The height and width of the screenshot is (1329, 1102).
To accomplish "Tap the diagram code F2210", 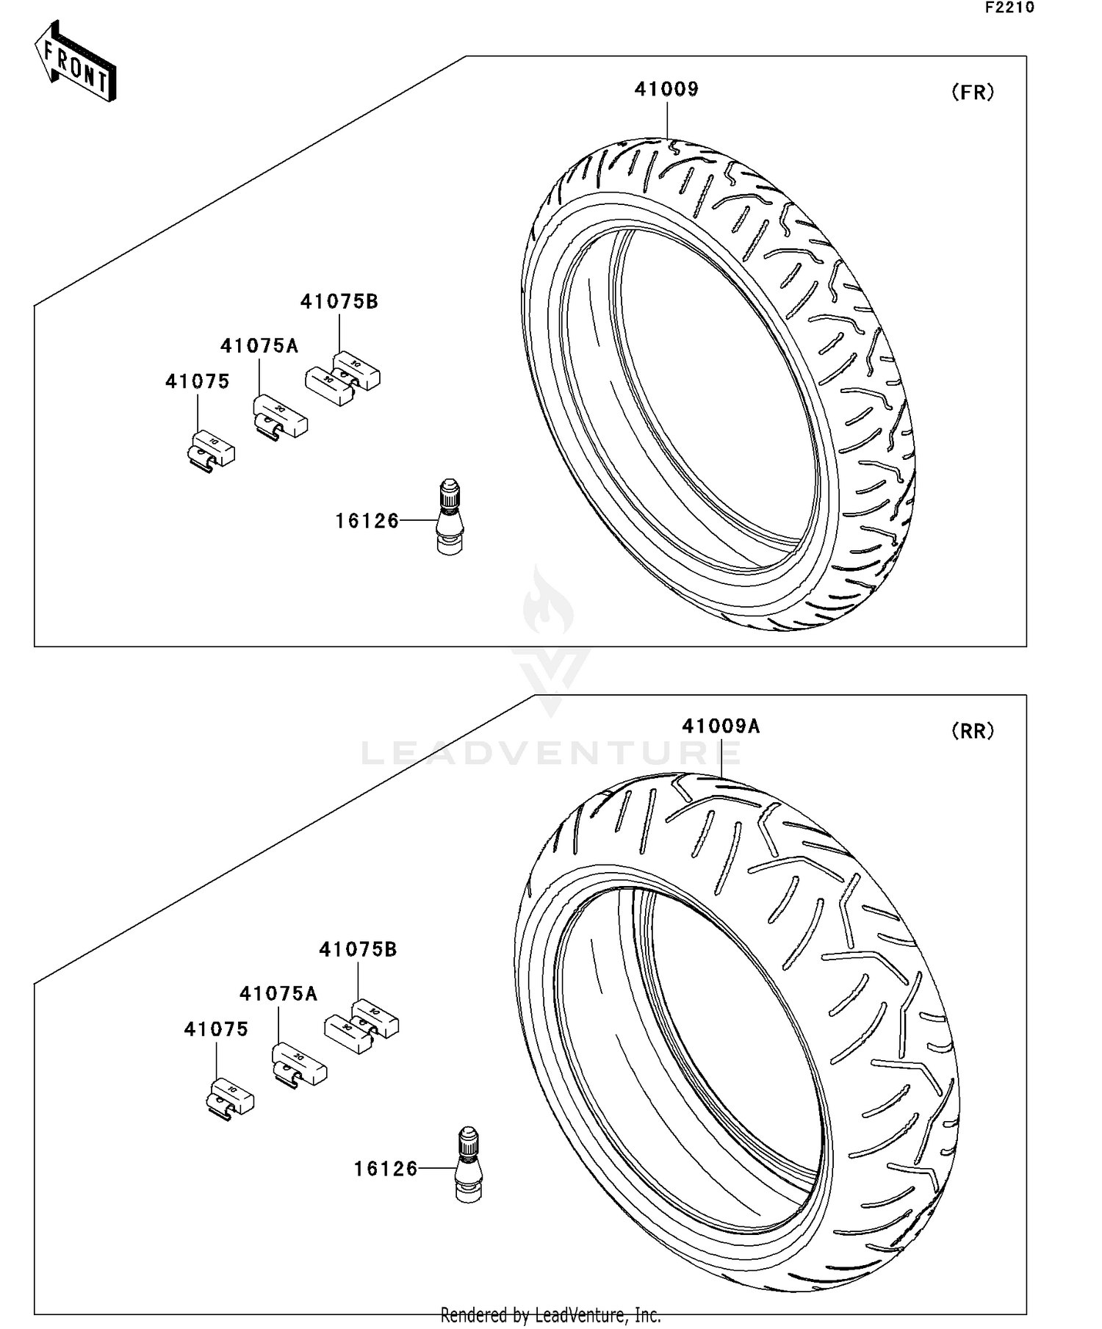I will tap(1009, 8).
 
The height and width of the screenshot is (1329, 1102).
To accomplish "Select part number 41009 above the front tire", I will tap(666, 90).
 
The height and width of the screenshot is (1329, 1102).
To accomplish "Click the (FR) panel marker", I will tap(973, 93).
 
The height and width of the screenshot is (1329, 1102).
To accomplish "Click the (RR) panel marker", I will tap(973, 731).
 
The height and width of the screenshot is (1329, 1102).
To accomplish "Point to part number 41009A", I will tap(721, 727).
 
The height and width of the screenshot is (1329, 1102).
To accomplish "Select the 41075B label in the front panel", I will tap(339, 302).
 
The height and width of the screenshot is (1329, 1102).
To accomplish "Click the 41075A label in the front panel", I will tap(259, 346).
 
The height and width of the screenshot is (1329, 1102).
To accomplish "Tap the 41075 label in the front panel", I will tap(197, 381).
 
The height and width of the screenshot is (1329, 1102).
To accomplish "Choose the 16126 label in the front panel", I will tap(367, 521).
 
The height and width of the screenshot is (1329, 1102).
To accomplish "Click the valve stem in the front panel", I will tap(450, 516).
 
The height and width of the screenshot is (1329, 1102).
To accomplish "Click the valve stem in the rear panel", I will tap(468, 1164).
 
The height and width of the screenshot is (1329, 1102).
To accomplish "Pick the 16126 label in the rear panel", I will tap(386, 1169).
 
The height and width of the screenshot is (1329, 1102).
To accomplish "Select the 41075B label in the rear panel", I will tap(358, 950).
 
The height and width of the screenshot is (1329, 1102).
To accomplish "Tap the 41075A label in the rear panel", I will tap(278, 994).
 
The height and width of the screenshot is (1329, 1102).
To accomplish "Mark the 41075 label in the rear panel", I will tap(216, 1029).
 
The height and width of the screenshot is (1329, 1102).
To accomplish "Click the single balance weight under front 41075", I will tap(210, 451).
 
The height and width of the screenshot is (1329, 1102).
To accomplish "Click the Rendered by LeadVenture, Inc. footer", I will tap(550, 1314).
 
